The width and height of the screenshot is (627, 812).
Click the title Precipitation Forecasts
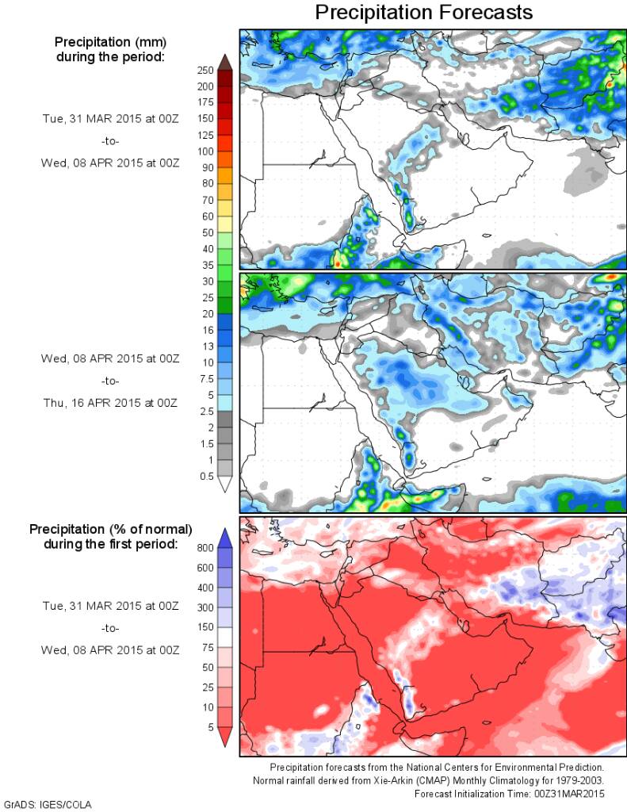pyautogui.click(x=423, y=13)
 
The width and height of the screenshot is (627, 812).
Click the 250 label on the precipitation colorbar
pyautogui.click(x=205, y=70)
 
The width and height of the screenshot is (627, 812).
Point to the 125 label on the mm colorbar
pyautogui.click(x=205, y=135)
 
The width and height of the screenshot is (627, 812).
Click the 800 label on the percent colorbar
pyautogui.click(x=206, y=547)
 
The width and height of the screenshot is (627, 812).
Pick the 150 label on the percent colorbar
pyautogui.click(x=206, y=627)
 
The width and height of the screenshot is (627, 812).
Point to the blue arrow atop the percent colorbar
pyautogui.click(x=224, y=538)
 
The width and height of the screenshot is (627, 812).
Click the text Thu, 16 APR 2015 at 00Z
pyautogui.click(x=110, y=403)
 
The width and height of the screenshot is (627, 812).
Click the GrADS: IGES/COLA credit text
pyautogui.click(x=48, y=804)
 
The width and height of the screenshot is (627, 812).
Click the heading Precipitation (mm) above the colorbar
pyautogui.click(x=110, y=41)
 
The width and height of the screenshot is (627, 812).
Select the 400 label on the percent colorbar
pyautogui.click(x=206, y=588)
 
